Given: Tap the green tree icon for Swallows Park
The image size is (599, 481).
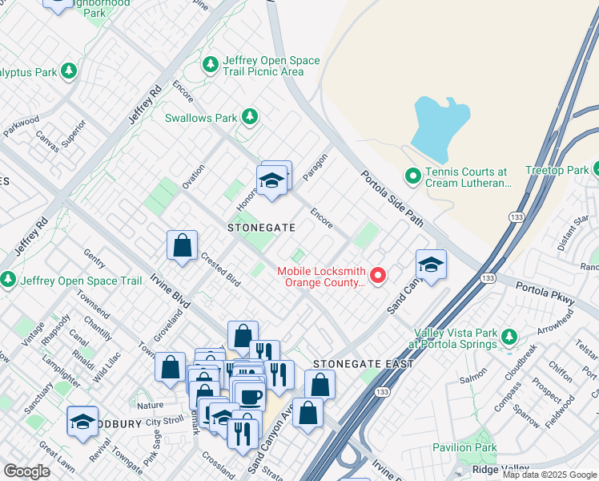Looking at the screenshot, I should pos(250,118).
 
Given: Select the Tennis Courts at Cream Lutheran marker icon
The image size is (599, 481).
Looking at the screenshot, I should pos(413,174).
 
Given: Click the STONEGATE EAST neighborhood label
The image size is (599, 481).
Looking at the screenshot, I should pos(364,364).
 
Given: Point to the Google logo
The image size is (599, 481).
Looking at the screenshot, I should pos(27,471).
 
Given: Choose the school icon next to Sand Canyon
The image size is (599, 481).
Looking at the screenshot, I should pos(431,265).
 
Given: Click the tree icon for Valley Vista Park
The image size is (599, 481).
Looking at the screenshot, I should pos(508,333).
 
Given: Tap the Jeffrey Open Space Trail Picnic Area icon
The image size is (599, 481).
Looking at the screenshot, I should pos(211,63).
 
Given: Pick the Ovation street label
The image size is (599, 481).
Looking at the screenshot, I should pos(193,176).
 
